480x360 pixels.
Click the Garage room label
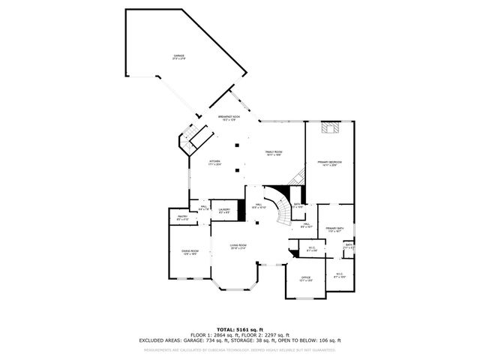(179, 58)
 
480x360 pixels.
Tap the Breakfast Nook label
(229, 118)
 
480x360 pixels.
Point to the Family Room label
(273, 153)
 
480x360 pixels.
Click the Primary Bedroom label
(329, 163)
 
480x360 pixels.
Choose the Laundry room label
(224, 211)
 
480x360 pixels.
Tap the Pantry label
(182, 217)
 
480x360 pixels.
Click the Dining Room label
(190, 253)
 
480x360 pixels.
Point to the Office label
(305, 278)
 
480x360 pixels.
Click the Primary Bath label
(334, 229)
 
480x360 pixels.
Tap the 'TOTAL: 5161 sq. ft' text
(240, 329)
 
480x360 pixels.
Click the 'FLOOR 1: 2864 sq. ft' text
(212, 335)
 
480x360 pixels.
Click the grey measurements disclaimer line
(240, 349)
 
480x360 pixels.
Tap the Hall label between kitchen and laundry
(204, 209)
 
